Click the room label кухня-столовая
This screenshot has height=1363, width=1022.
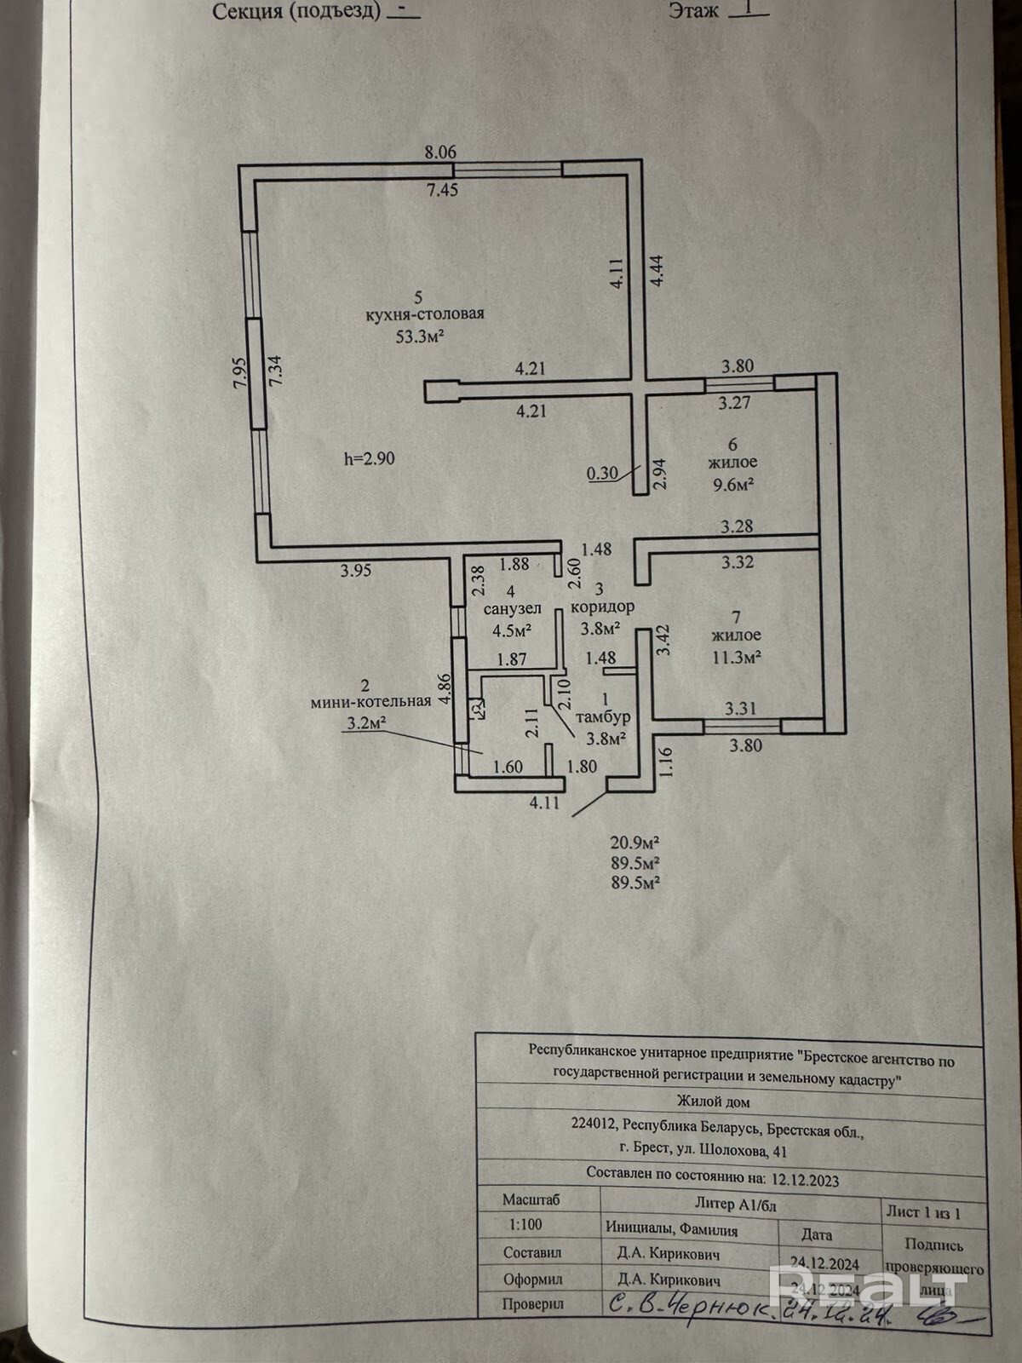click(x=424, y=314)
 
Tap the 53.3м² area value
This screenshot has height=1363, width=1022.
click(x=420, y=336)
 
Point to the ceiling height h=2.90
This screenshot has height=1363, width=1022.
click(x=370, y=459)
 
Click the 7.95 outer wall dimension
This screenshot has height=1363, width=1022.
click(x=240, y=372)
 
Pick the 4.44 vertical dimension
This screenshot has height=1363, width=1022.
click(x=657, y=271)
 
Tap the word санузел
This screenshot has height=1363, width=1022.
click(x=512, y=609)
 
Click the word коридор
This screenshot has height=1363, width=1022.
click(x=602, y=607)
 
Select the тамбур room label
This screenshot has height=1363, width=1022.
click(x=603, y=717)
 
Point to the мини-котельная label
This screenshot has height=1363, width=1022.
click(x=370, y=702)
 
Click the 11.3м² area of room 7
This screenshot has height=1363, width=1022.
click(x=737, y=657)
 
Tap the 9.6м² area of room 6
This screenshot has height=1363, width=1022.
click(x=732, y=485)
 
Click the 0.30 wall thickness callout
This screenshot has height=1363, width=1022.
click(x=602, y=473)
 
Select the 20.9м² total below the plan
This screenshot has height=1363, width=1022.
click(x=634, y=843)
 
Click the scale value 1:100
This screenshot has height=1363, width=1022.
click(x=525, y=1224)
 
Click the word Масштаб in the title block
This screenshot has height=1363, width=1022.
click(x=531, y=1199)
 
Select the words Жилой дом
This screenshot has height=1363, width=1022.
click(x=712, y=1102)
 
